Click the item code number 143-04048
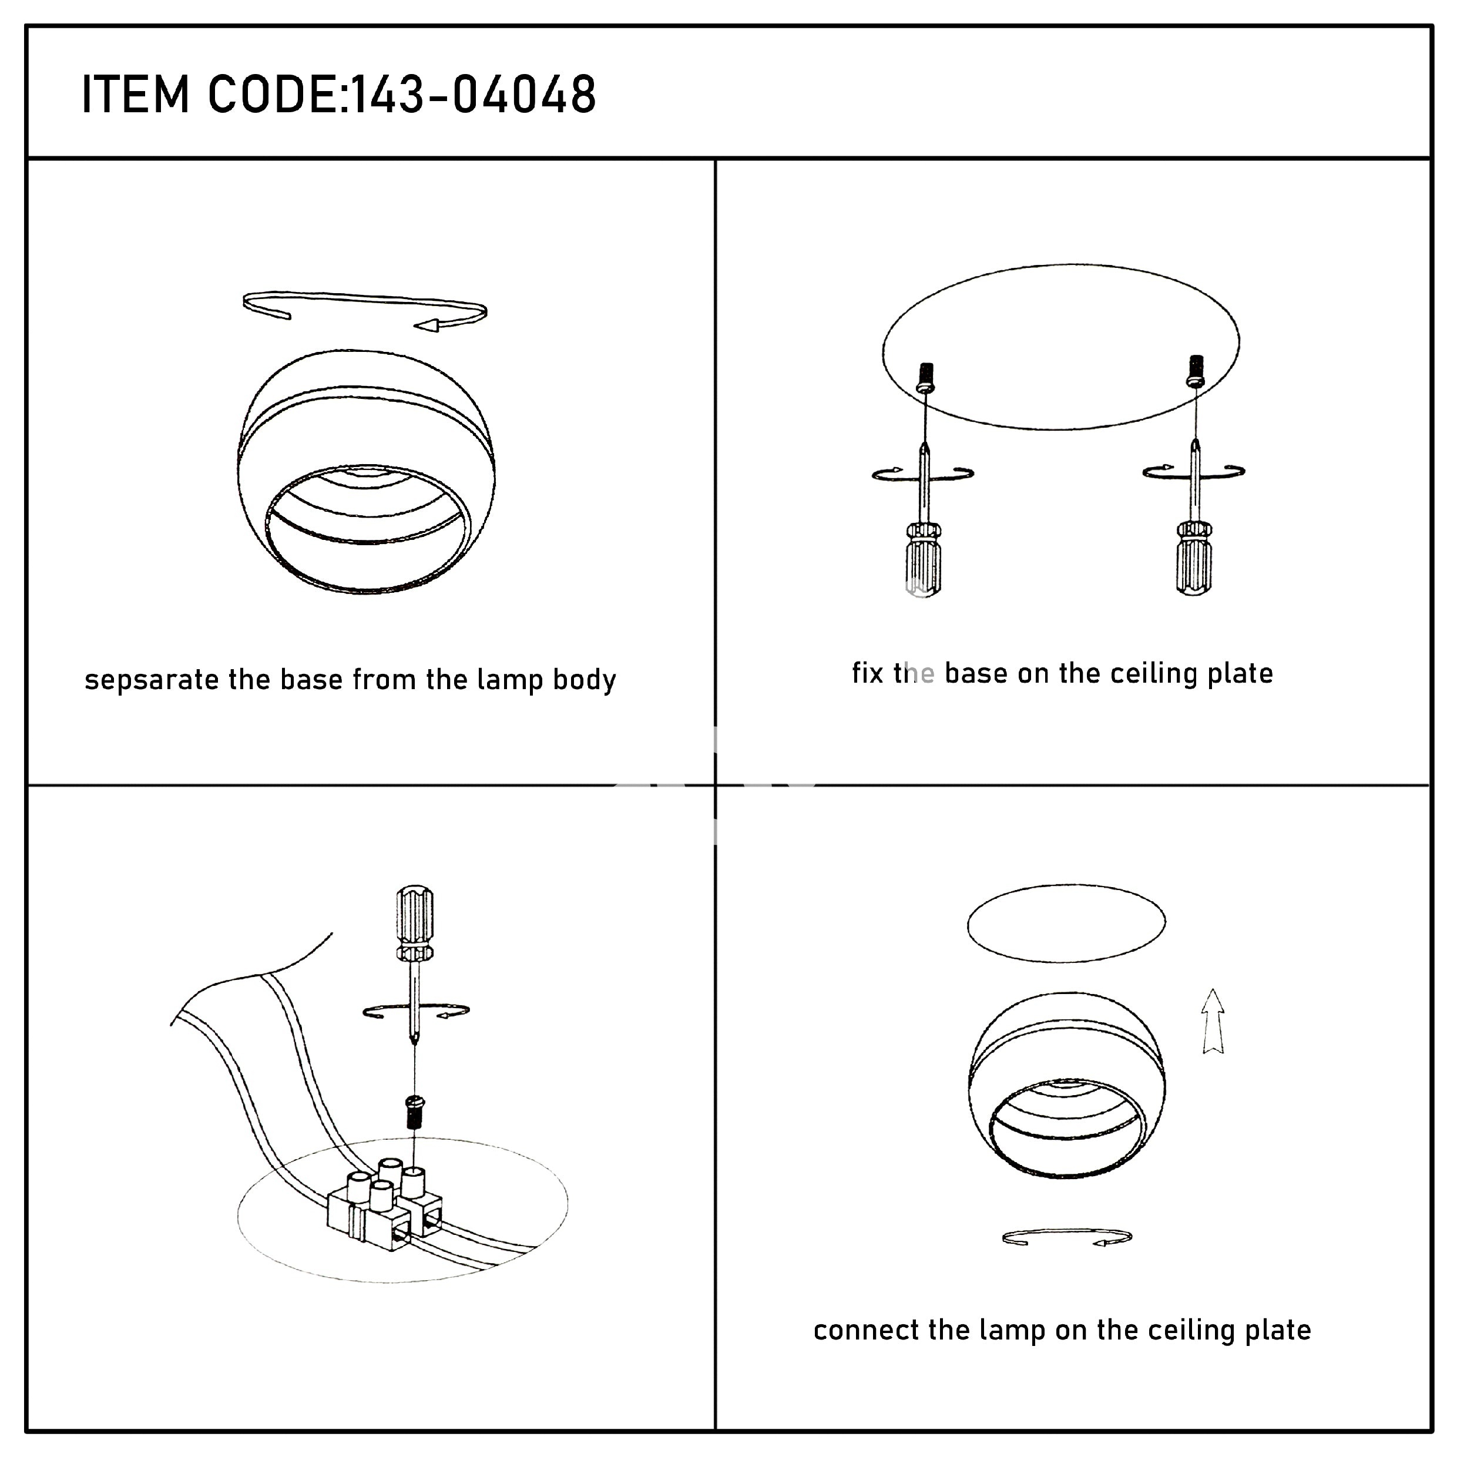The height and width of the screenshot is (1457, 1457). coord(474,95)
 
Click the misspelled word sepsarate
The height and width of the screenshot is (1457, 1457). coord(152,681)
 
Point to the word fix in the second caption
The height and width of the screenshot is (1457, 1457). coord(867,673)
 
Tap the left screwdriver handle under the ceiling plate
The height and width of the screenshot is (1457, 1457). coord(924,559)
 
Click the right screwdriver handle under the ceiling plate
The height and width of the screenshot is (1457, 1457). coord(1194,558)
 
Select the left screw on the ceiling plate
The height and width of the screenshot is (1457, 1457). coord(925,378)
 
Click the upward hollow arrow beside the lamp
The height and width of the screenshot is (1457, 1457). coord(1212,1020)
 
